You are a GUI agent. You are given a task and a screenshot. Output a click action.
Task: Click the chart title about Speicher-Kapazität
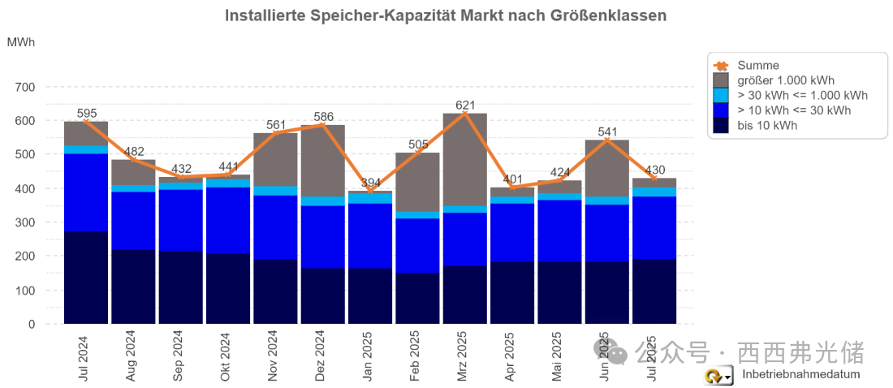pos(445,15)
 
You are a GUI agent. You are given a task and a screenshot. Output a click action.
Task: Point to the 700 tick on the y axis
pos(25,87)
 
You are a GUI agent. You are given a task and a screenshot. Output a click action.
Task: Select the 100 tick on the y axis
pos(25,290)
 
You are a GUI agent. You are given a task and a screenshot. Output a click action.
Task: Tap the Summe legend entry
pos(758,65)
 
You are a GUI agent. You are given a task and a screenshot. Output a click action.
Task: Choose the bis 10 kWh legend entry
pos(767,125)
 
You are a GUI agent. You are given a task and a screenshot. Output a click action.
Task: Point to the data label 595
pos(87,114)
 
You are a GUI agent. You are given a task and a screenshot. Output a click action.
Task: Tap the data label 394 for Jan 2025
pos(370,183)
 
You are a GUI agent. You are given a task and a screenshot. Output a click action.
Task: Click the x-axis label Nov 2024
pos(273,355)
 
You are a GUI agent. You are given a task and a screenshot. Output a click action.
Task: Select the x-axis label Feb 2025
pos(415,355)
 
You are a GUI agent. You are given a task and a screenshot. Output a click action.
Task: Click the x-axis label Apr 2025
pos(510,355)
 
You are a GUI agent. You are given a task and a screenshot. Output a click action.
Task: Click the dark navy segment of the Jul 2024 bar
pos(86,278)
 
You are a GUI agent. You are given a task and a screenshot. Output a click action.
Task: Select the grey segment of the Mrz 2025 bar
pos(465,159)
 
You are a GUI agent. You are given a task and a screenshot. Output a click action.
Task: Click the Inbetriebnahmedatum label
pos(800,374)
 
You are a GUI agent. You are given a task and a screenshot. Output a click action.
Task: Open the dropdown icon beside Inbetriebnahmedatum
pos(718,376)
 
